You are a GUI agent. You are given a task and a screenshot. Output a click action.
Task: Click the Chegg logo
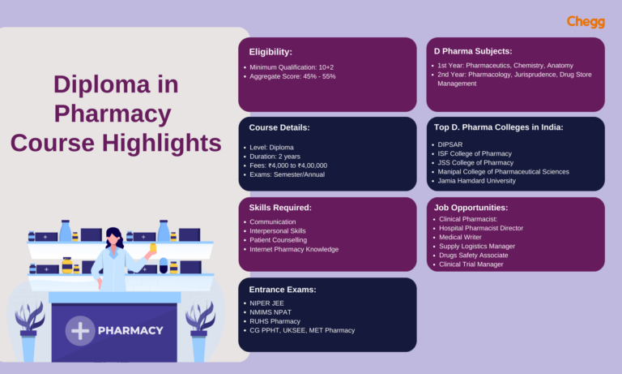pyautogui.click(x=586, y=21)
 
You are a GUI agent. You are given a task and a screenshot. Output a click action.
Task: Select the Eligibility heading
pyautogui.click(x=271, y=51)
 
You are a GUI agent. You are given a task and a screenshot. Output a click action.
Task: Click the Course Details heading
pyautogui.click(x=279, y=128)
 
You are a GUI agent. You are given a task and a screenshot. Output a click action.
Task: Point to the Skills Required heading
pyautogui.click(x=280, y=208)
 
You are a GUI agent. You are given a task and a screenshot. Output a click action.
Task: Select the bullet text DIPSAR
pyautogui.click(x=449, y=144)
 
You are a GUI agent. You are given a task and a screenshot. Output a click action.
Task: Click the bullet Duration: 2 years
pyautogui.click(x=275, y=156)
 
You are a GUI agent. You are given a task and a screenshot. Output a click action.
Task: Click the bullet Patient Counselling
pyautogui.click(x=279, y=240)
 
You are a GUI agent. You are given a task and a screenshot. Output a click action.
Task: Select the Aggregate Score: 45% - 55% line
pyautogui.click(x=292, y=76)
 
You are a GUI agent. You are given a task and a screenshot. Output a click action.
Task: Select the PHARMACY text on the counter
pyautogui.click(x=130, y=331)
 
